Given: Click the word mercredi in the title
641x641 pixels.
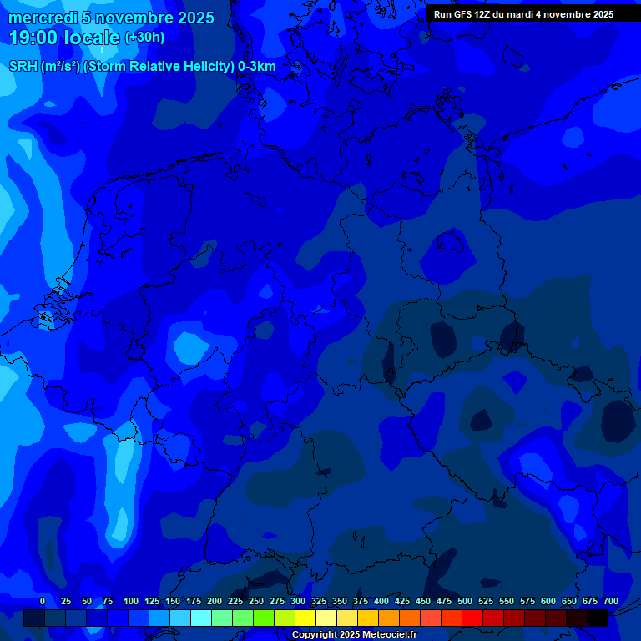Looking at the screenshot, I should (43, 18).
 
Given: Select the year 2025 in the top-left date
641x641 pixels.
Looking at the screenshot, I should (193, 18).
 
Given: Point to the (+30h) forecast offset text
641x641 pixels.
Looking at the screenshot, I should (144, 38).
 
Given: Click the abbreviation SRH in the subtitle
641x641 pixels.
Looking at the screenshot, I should (23, 66).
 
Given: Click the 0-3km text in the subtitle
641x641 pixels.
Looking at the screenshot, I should (257, 66).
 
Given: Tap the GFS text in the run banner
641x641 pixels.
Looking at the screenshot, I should (466, 14).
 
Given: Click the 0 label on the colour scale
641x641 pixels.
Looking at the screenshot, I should (43, 601).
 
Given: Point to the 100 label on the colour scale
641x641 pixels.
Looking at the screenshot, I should (131, 601).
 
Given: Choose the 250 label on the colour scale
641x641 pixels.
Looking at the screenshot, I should (256, 601).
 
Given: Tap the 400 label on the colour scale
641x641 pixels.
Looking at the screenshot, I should (381, 601).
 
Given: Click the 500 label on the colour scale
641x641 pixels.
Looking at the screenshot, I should (465, 601).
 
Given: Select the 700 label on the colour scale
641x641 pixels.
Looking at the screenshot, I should (611, 601).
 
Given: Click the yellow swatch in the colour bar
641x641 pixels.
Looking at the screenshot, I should (305, 618).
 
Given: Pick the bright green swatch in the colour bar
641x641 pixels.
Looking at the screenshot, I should (264, 618).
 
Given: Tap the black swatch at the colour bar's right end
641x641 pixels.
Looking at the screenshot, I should (598, 618).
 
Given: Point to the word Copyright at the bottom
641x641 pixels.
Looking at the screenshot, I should (314, 634).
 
